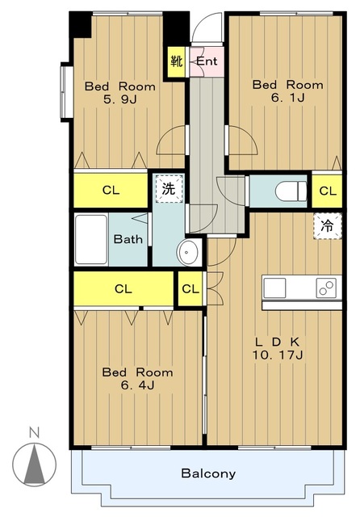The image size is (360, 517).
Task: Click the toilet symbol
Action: point(291,191)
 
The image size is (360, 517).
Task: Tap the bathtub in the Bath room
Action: point(91,239)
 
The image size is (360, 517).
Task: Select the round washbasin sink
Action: point(188,252)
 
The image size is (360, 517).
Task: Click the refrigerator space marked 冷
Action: point(328,226)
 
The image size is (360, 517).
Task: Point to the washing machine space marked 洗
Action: point(169,188)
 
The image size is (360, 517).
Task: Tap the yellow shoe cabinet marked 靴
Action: point(177,61)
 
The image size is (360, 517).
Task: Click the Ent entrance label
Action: point(207,61)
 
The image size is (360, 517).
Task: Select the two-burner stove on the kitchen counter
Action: point(326,288)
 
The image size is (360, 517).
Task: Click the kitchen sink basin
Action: point(274,288)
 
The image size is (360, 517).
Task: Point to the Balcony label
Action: point(208,473)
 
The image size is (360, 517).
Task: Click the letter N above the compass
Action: point(34,432)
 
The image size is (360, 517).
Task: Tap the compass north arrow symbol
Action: point(34,464)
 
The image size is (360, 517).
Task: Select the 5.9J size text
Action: point(120,99)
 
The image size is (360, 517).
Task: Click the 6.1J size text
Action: point(288,98)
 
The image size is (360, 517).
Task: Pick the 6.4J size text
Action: point(138,385)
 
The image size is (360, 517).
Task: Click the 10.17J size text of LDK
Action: point(278,355)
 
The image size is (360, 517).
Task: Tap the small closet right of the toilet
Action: point(327,191)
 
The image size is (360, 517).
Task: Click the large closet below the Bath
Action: point(123,288)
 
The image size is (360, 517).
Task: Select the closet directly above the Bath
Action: point(111,191)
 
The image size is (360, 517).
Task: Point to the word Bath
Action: point(128,239)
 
